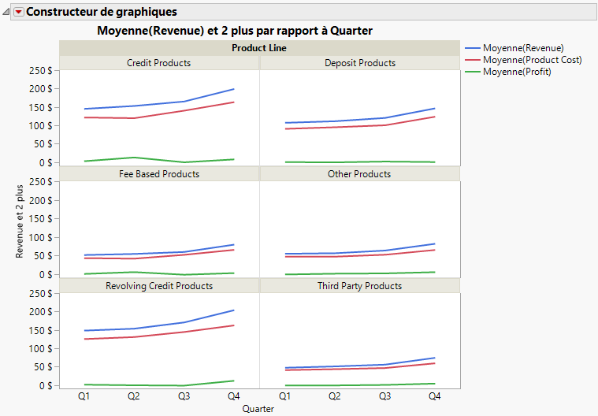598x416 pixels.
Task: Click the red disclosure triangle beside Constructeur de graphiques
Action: click(19, 12)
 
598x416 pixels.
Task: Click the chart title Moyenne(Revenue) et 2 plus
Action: click(234, 30)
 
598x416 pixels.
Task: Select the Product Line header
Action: click(258, 48)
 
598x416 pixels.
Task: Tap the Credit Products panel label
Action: click(158, 62)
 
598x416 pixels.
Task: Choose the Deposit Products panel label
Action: click(359, 62)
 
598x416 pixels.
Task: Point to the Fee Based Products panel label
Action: click(158, 174)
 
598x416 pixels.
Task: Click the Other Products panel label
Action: click(359, 174)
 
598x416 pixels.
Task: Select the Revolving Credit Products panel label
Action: click(158, 286)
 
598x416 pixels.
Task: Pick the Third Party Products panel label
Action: click(359, 286)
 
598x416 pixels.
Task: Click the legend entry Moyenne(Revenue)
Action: click(523, 48)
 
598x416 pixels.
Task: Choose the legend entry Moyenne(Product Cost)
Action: click(532, 60)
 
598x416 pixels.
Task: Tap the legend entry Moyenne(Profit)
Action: click(517, 72)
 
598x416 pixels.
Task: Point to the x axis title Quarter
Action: click(258, 408)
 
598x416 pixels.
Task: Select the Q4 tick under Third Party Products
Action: click(434, 396)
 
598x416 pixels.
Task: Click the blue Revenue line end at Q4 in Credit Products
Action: click(234, 89)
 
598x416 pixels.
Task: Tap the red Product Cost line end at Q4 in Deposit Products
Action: click(434, 117)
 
